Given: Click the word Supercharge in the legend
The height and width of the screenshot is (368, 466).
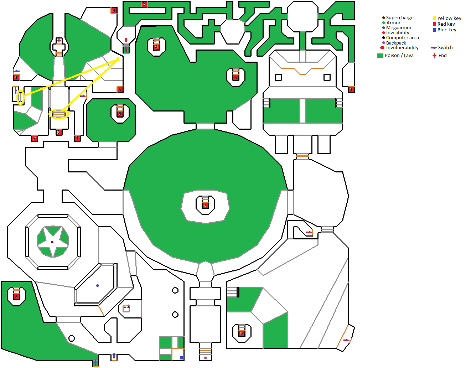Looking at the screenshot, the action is coord(399,18).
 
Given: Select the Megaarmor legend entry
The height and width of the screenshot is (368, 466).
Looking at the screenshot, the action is coord(399,28).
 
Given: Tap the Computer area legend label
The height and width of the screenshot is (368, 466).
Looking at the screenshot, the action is coord(402,38).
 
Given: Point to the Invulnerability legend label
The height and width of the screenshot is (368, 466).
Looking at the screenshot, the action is coord(402,48).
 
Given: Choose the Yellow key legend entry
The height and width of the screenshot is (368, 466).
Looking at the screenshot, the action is coord(449,19).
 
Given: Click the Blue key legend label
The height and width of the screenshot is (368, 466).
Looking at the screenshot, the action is coord(447,30).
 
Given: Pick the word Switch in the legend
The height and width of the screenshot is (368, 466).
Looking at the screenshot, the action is coord(445,48).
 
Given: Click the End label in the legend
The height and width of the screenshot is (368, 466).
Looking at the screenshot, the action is coord(442,56).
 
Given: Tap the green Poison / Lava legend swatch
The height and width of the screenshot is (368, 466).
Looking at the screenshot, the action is coord(380,56).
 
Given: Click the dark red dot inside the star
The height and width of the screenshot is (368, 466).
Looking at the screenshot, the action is coord(52,242).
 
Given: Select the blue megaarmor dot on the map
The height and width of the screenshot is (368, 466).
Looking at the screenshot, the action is coord(98,286).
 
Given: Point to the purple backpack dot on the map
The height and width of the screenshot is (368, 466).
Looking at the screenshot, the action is coord(205,358).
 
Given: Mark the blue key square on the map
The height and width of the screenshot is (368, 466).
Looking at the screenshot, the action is coord(181,358).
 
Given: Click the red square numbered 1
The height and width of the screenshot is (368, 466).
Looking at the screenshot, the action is coord(351,90).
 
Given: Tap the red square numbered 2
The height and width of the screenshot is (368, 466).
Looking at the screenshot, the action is coord(144,4).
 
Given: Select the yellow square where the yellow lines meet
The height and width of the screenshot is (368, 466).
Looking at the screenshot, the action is coord(118,59).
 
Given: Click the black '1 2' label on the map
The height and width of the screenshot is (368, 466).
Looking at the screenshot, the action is coord(127,306).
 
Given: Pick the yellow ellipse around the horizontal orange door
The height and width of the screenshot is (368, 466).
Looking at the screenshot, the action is coord(58,114).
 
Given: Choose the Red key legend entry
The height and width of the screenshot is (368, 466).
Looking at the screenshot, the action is coord(446,24).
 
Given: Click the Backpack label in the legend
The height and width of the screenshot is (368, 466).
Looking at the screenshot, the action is coord(396,43).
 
